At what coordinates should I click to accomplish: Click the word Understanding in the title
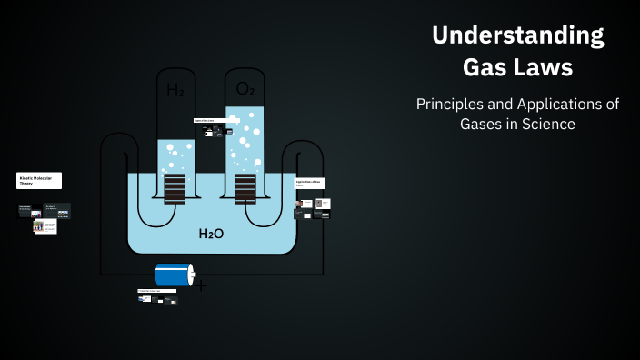pyautogui.click(x=518, y=36)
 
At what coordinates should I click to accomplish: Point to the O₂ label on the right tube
pyautogui.click(x=245, y=88)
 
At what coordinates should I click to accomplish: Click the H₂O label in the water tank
pyautogui.click(x=211, y=234)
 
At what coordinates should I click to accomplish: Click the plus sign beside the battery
pyautogui.click(x=201, y=285)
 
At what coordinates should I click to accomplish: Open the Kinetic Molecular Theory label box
pyautogui.click(x=39, y=181)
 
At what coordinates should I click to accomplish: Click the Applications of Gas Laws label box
pyautogui.click(x=310, y=183)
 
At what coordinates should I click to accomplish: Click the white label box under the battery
pyautogui.click(x=156, y=291)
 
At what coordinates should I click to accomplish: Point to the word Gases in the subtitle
pyautogui.click(x=484, y=125)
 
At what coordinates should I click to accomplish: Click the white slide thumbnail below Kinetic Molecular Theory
pyautogui.click(x=45, y=227)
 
